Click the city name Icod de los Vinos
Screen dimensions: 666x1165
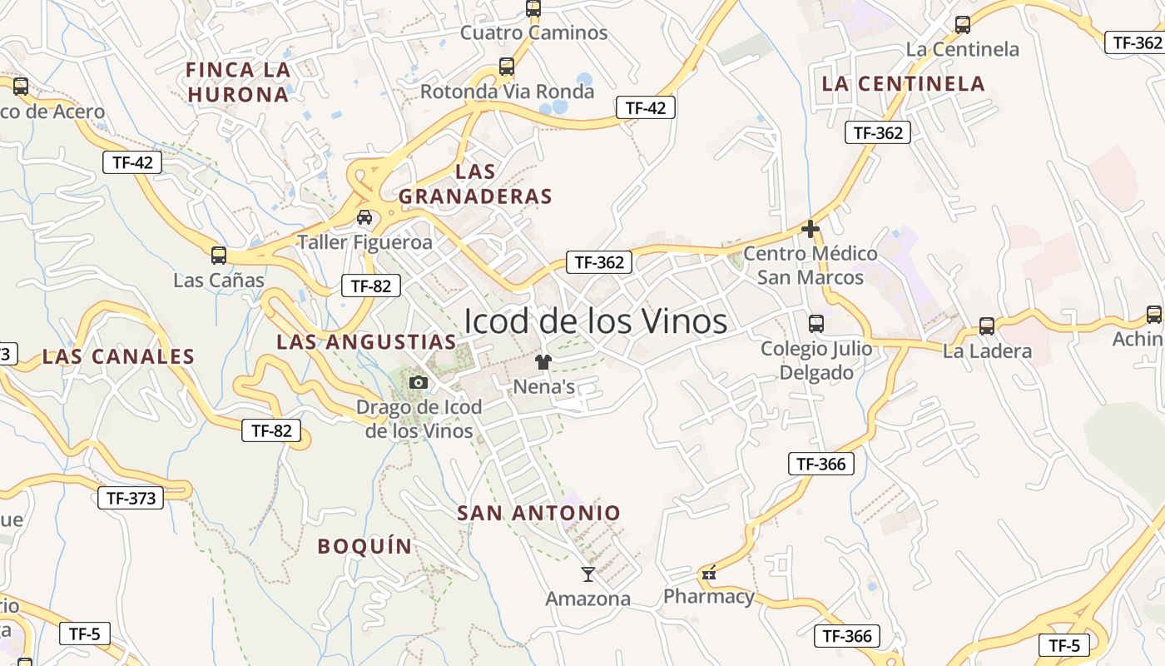tap(595, 321)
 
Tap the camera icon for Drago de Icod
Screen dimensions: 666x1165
tap(419, 382)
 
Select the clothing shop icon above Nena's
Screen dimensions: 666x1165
tap(543, 361)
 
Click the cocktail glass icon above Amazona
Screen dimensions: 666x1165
tap(588, 574)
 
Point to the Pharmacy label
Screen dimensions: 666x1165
tap(709, 596)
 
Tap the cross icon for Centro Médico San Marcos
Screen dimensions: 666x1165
tap(811, 228)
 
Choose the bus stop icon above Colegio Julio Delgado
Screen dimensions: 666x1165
tap(816, 323)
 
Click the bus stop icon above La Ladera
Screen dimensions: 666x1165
tap(987, 326)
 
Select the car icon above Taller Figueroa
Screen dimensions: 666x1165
tap(364, 217)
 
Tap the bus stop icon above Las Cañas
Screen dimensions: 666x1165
tap(219, 255)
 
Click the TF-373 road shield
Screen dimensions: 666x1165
tap(131, 498)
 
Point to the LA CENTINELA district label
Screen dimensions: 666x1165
tap(904, 83)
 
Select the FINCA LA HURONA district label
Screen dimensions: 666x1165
tap(238, 82)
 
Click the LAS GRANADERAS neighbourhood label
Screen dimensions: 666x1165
tap(475, 184)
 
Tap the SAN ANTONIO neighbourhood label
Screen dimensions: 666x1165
tap(539, 513)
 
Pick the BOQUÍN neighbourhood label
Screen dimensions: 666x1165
tap(364, 546)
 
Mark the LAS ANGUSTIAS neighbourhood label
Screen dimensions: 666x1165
tap(366, 341)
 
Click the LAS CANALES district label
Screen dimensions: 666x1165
tap(118, 356)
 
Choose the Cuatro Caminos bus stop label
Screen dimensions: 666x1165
tap(533, 33)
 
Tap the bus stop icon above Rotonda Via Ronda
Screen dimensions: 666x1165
tap(507, 67)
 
